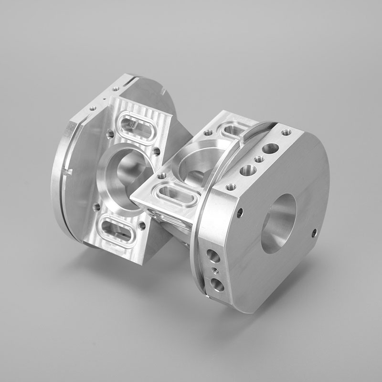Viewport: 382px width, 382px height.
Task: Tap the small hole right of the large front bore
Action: point(314,233)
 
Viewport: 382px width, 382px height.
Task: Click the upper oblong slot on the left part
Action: point(136,127)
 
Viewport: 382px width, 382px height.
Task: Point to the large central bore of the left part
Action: point(127,180)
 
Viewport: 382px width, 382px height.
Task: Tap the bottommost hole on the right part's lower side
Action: point(217,285)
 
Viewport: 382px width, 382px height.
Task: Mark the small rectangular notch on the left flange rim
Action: point(70,170)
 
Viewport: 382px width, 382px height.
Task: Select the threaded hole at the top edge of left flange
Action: point(116,89)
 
